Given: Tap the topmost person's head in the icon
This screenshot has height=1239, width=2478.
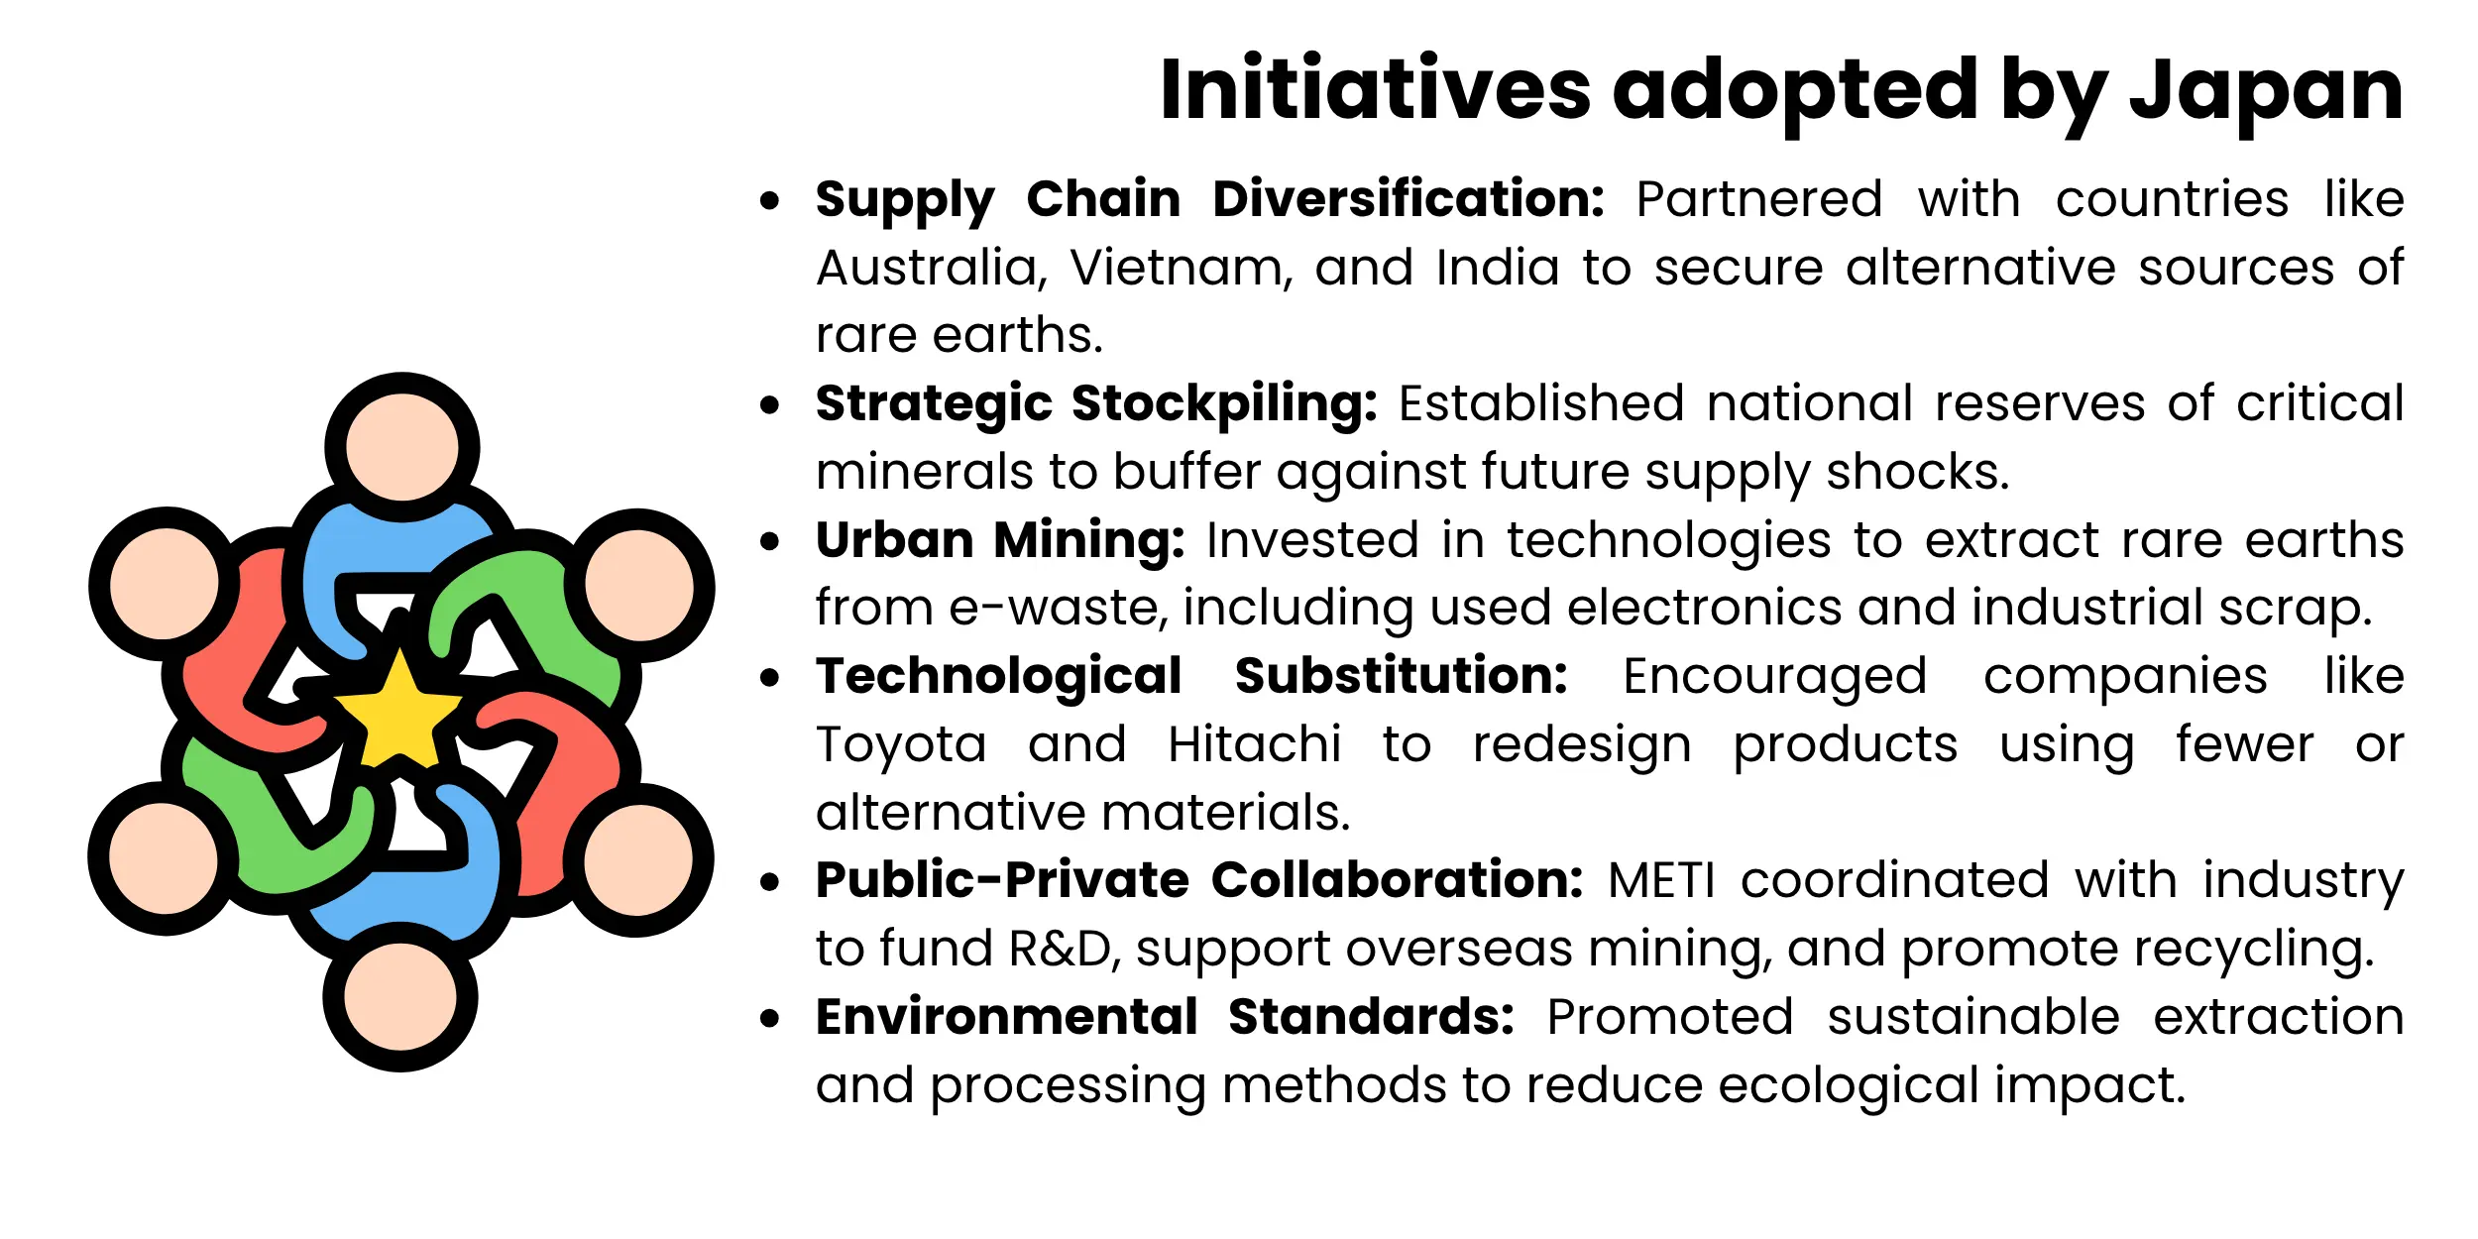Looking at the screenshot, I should point(401,447).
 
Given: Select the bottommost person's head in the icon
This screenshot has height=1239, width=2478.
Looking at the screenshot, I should point(400,996).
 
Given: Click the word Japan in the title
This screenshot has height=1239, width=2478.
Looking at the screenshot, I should point(2266,91).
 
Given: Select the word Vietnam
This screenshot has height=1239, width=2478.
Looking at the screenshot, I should point(1181,268).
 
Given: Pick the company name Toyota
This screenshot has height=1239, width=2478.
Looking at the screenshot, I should point(901,744).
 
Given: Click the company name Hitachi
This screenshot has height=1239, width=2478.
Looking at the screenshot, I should point(1254,744).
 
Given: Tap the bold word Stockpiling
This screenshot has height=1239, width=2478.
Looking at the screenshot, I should point(1224,404).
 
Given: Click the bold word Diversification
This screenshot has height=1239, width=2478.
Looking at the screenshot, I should point(1408,199).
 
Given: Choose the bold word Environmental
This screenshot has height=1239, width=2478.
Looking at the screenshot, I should point(1007,1017).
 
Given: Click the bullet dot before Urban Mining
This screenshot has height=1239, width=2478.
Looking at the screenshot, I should point(769,541).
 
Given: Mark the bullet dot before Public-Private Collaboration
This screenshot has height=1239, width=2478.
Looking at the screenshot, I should point(769,882).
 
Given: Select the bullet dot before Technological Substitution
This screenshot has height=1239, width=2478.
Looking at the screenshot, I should point(769,678).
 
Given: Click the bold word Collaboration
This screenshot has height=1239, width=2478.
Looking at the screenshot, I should point(1397,880).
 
